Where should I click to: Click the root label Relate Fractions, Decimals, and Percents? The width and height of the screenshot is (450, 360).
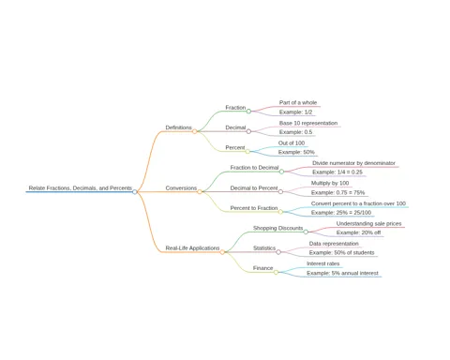click(x=81, y=188)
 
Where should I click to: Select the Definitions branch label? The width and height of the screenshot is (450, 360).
click(x=178, y=127)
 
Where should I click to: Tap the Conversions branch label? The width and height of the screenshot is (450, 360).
click(x=181, y=188)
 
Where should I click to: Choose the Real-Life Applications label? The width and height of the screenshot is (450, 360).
click(x=192, y=248)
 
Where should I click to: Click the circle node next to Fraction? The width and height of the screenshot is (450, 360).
click(x=248, y=111)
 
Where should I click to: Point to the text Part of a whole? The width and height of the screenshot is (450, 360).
click(x=298, y=102)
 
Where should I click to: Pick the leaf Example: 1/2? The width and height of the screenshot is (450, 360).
click(x=295, y=112)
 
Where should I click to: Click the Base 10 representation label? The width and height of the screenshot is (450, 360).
click(x=308, y=123)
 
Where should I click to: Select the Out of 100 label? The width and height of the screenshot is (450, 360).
click(x=292, y=143)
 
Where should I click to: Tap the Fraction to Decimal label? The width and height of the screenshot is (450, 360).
click(x=254, y=168)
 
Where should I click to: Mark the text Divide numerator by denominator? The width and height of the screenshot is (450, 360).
click(x=353, y=163)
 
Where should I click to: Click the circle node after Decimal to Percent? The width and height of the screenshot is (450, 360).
click(x=280, y=191)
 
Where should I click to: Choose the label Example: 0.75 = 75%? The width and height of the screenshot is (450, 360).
click(x=337, y=192)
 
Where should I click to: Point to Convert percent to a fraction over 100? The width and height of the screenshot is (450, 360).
click(x=358, y=203)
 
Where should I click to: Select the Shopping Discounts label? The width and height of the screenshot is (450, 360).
click(x=278, y=228)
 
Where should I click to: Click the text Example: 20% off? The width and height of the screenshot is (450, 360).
click(x=358, y=232)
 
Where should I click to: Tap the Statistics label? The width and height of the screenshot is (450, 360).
click(x=264, y=248)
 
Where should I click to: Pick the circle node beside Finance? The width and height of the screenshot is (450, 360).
click(x=276, y=272)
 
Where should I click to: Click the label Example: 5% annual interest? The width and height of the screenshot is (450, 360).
click(x=342, y=273)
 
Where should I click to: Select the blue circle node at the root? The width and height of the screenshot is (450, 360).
click(x=135, y=192)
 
